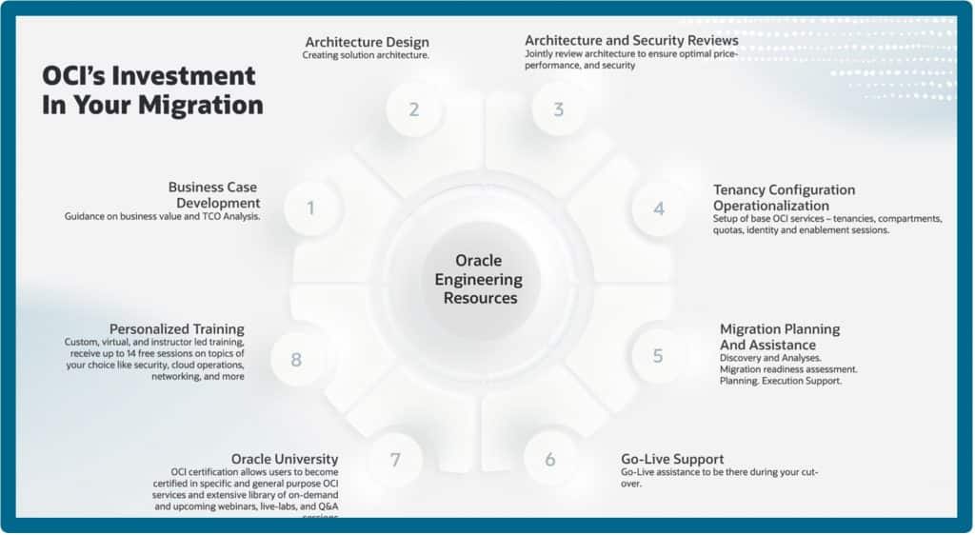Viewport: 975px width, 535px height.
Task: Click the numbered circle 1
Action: tap(310, 208)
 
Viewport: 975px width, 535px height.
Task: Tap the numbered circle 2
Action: tap(414, 109)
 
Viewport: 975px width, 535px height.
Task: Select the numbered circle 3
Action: tap(558, 109)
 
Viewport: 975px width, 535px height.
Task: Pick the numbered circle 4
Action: tap(659, 208)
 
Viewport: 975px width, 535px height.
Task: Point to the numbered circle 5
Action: tap(658, 356)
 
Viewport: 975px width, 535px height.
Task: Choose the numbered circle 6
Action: tap(550, 460)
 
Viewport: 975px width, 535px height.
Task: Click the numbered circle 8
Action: tap(296, 360)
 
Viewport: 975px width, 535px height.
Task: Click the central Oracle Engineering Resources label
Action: tap(478, 279)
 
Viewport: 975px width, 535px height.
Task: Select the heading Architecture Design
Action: tap(367, 42)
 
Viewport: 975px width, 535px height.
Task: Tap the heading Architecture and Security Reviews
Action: tap(631, 41)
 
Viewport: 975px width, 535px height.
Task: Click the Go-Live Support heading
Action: tap(672, 459)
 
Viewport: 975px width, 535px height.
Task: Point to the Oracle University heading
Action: tap(286, 459)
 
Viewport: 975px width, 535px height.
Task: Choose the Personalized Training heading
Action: tap(176, 329)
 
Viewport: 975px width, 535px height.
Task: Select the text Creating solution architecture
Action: tap(366, 55)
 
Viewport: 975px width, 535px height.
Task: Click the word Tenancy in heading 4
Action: tap(739, 190)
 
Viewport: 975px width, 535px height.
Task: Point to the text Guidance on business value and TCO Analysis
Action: tap(163, 217)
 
